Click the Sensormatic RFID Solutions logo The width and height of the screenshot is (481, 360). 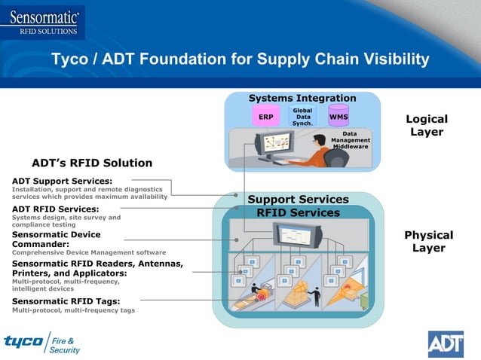pos(43,20)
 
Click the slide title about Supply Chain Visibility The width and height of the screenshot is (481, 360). pos(240,59)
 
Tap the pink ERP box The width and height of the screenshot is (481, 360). pos(265,117)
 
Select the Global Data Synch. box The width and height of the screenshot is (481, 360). pos(302,117)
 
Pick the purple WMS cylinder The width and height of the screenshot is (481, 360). pos(339,116)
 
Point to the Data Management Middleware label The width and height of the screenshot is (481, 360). pos(350,140)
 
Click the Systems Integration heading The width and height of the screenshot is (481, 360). pos(302,99)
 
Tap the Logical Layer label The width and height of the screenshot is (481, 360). pos(427,126)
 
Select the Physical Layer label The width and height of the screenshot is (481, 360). pos(428,241)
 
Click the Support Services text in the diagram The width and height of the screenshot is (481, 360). pos(298,200)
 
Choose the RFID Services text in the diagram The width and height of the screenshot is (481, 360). pos(298,212)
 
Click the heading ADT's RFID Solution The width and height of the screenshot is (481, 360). pos(92,163)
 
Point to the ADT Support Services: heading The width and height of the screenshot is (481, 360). pos(63,181)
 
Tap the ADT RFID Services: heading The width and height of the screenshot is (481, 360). pos(56,209)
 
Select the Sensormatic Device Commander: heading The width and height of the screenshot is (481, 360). pos(57,239)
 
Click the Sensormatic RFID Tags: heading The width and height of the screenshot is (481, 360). pos(66,301)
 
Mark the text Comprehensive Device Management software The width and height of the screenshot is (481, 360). pos(89,252)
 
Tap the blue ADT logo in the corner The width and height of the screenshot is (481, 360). pos(446,343)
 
